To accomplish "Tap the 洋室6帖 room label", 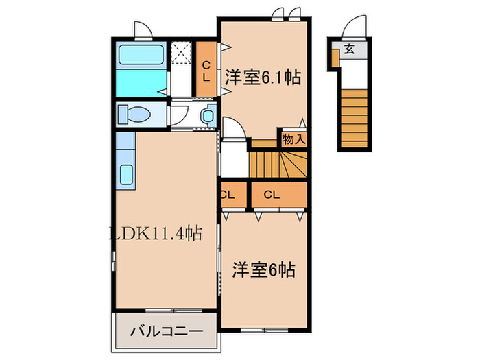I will [x=263, y=270].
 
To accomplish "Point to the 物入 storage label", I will [x=294, y=139].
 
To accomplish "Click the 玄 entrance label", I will [x=350, y=49].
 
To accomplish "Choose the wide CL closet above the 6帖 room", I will [x=272, y=195].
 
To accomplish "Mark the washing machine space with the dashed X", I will [x=181, y=53].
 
